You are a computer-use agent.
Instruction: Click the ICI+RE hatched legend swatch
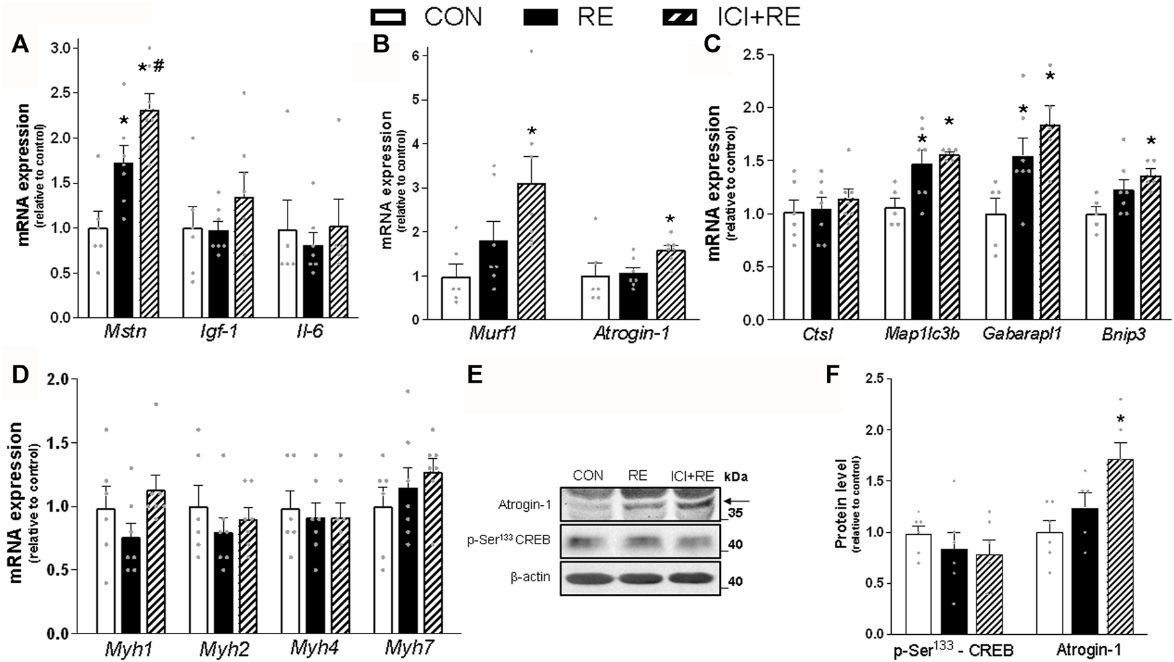click(680, 17)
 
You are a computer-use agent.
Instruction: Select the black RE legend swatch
click(540, 17)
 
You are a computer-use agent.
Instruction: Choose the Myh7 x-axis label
click(409, 648)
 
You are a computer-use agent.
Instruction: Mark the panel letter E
click(475, 375)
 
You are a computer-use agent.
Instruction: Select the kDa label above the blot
click(736, 477)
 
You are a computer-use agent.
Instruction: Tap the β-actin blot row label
click(530, 577)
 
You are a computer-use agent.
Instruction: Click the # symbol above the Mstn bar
click(158, 66)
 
